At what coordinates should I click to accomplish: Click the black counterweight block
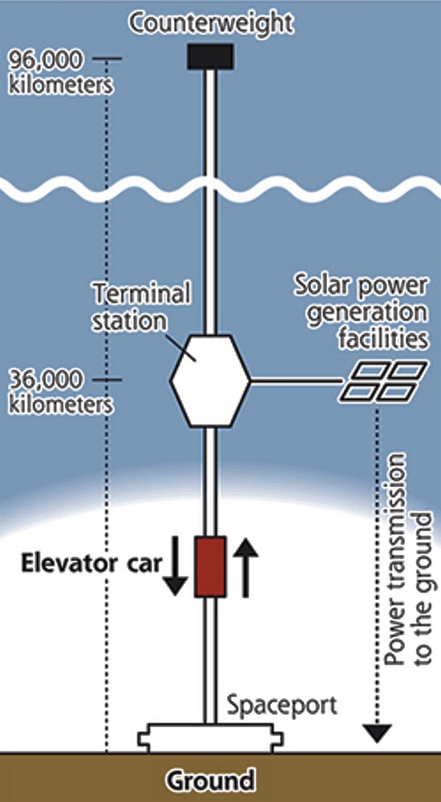tap(210, 56)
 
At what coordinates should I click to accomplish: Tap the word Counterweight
tap(212, 23)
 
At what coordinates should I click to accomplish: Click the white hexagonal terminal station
tap(210, 381)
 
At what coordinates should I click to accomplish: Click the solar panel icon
tap(384, 381)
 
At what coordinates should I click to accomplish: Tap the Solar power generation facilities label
tap(361, 312)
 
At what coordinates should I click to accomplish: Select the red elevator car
tap(210, 566)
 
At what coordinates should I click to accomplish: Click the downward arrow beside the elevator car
tap(175, 566)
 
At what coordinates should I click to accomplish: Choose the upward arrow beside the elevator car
tap(245, 567)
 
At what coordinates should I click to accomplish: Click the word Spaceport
tap(282, 706)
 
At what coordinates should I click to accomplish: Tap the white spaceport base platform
tap(211, 739)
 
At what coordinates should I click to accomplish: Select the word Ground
tap(211, 780)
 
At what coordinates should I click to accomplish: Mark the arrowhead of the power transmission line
tap(378, 733)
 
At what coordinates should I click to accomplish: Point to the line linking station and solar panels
tap(296, 381)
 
